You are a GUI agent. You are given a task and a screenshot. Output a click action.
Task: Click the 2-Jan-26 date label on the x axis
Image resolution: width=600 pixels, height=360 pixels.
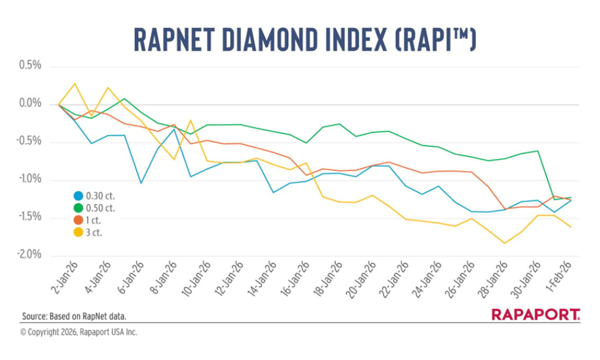click(64, 277)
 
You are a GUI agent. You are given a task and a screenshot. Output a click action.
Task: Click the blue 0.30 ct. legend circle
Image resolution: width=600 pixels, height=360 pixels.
click(78, 196)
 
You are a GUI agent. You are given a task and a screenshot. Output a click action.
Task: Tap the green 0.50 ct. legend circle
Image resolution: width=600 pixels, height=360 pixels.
click(78, 208)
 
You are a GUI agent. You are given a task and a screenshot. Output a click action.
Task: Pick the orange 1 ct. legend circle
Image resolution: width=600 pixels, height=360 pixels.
click(78, 220)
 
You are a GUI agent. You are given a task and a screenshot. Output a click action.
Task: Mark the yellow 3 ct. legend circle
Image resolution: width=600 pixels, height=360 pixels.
click(78, 232)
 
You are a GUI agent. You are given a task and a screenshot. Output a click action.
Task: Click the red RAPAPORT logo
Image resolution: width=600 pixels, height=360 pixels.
click(535, 314)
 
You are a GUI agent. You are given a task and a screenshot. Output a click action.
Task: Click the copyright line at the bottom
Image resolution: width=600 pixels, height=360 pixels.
click(79, 332)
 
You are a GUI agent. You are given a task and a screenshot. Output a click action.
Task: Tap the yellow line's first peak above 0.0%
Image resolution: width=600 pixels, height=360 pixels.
click(75, 83)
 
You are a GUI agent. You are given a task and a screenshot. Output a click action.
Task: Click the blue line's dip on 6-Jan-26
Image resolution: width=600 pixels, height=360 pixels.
click(141, 183)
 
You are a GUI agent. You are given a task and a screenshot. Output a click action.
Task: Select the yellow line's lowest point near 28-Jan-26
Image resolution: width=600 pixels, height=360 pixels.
click(505, 243)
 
